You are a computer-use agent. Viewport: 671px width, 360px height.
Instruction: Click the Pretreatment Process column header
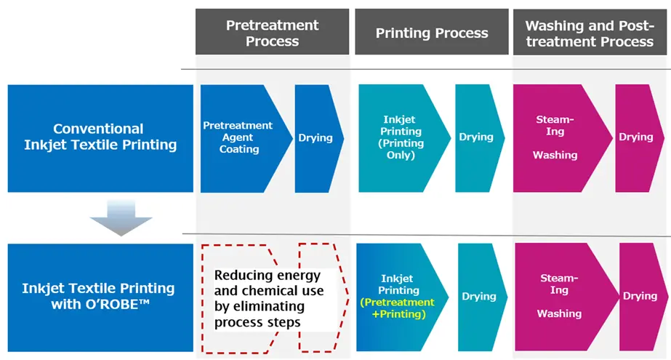coord(272,33)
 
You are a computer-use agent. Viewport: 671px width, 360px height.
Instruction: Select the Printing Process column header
coord(432,33)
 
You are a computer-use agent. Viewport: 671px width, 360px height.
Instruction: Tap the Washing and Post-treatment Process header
coord(590,33)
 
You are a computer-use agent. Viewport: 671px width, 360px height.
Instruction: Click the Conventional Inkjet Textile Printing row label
coord(100,137)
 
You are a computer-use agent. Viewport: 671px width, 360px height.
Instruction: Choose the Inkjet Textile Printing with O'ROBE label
coord(100,296)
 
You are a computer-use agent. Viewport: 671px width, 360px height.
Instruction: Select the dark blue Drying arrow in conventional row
coord(316,137)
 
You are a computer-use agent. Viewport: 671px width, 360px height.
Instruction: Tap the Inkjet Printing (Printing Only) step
coord(401,137)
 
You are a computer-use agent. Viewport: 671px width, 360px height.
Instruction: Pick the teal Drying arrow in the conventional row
coord(476,137)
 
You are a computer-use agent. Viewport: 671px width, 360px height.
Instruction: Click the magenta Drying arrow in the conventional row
coord(635,137)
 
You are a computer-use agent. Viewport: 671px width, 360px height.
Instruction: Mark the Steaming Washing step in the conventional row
coord(555,137)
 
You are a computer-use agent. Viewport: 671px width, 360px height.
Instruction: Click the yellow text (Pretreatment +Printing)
coord(398,308)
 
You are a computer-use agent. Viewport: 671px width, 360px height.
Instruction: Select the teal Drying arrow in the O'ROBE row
coord(478,296)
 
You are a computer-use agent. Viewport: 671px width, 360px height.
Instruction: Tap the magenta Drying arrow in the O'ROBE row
coord(640,296)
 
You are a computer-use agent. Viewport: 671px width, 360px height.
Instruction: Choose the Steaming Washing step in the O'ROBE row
coord(558,296)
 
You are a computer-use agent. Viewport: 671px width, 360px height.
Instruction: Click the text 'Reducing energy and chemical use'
coord(269,284)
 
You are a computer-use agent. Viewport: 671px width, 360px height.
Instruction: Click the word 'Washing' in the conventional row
coord(555,155)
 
